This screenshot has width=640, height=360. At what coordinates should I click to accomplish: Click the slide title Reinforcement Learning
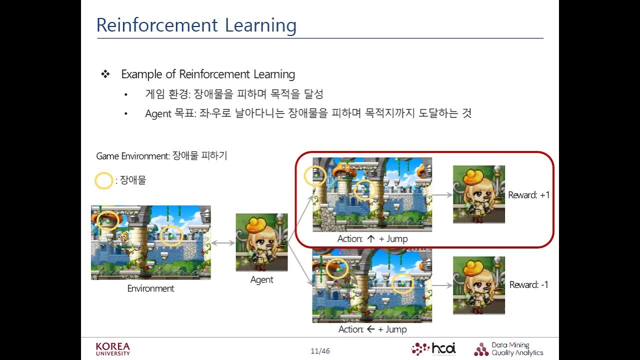tap(196, 25)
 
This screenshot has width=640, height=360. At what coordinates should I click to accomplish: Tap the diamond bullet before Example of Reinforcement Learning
tap(105, 74)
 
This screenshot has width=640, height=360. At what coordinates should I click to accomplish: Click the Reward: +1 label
tap(528, 195)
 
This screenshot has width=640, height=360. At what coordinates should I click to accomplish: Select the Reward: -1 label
tap(528, 284)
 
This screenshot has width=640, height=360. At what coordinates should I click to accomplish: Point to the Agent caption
tap(261, 279)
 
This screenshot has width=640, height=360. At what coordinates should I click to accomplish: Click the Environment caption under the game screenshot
tap(150, 288)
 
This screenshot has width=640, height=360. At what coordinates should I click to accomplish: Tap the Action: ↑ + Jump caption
tap(372, 238)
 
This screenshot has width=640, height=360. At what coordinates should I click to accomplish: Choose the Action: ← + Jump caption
tap(372, 329)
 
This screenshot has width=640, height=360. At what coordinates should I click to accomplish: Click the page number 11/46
tap(320, 351)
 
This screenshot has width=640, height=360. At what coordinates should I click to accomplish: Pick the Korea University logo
tap(112, 349)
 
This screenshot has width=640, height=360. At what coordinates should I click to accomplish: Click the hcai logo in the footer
tap(433, 348)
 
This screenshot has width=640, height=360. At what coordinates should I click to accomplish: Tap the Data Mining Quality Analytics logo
tap(508, 349)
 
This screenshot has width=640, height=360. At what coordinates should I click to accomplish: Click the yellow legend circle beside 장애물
tap(104, 180)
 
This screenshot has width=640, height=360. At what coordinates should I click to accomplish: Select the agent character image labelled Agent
tap(261, 242)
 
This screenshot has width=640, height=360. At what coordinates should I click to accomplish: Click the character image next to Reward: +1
tap(478, 194)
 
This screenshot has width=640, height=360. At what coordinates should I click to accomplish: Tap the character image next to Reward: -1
tap(478, 285)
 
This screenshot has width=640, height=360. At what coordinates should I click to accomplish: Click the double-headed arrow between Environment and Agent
tap(223, 243)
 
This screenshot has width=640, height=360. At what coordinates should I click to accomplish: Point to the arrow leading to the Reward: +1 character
tap(442, 195)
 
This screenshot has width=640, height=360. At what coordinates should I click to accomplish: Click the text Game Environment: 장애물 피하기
tap(161, 156)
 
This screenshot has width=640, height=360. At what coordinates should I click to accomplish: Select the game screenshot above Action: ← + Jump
tap(372, 286)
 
